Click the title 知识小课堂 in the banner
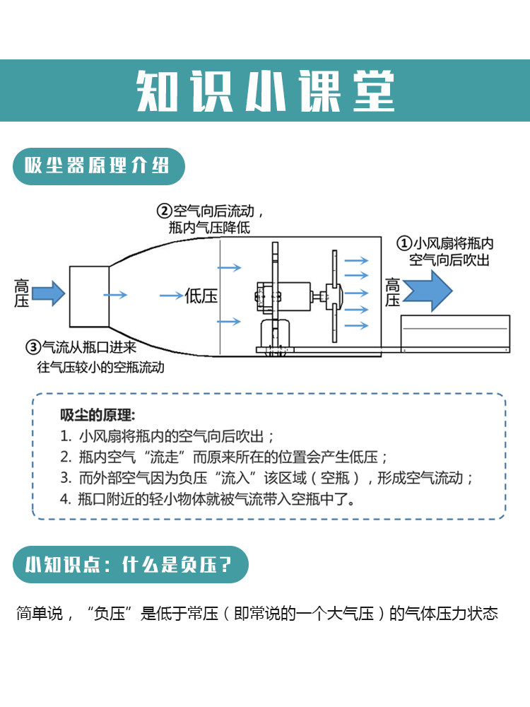click(265, 90)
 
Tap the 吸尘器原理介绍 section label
click(98, 167)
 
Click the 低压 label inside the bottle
click(201, 296)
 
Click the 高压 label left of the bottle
click(22, 293)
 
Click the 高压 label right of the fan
click(393, 292)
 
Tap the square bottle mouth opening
click(89, 296)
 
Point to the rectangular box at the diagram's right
click(455, 334)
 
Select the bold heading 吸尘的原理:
click(98, 415)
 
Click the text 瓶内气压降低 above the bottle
click(209, 228)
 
